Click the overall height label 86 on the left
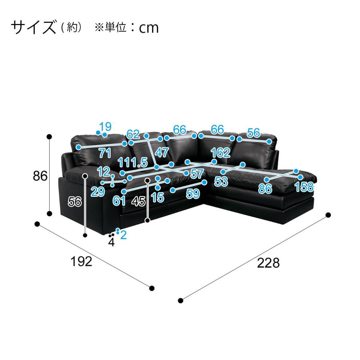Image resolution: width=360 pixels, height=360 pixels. (x=40, y=176)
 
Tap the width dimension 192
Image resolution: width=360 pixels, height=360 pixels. (x=81, y=262)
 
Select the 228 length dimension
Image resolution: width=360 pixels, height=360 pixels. (x=268, y=263)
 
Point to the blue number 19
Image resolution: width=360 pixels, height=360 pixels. (x=105, y=126)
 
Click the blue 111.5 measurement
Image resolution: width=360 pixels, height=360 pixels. (x=132, y=162)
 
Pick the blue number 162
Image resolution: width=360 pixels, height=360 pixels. (x=220, y=153)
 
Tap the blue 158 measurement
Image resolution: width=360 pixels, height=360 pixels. (x=304, y=187)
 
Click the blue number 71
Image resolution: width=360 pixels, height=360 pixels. (x=105, y=153)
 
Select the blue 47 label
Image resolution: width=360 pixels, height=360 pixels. (x=162, y=152)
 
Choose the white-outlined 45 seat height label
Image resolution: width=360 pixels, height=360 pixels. (x=139, y=202)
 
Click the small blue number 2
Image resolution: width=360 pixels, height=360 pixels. (x=123, y=235)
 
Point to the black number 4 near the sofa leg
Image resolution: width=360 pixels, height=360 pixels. (x=111, y=242)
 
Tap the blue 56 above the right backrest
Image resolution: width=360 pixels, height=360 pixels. (x=254, y=133)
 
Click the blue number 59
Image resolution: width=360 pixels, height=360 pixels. (x=193, y=194)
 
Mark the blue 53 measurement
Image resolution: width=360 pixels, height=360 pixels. (x=221, y=182)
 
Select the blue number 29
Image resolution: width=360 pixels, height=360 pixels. (x=98, y=192)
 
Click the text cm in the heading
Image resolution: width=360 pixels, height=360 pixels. (x=149, y=28)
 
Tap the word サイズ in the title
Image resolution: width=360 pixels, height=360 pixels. (x=34, y=27)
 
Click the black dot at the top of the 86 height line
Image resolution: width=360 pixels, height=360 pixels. (x=49, y=137)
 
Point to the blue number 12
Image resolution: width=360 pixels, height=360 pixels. (x=103, y=172)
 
